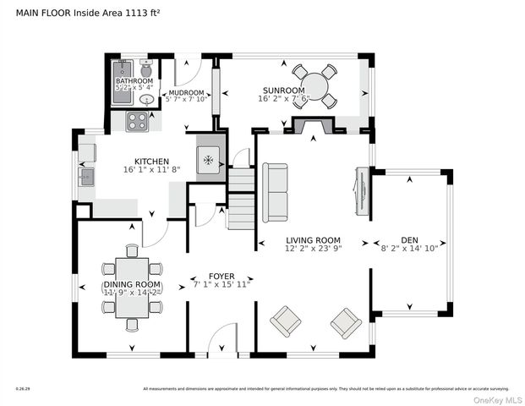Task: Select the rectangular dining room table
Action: [131, 287]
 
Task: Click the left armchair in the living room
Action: [285, 321]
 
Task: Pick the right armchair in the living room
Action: [346, 322]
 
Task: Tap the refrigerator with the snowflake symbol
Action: [210, 160]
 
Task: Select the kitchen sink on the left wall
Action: [85, 177]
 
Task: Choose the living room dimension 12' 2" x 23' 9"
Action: [312, 250]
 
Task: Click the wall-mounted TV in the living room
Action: [360, 193]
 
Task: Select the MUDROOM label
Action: [185, 92]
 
